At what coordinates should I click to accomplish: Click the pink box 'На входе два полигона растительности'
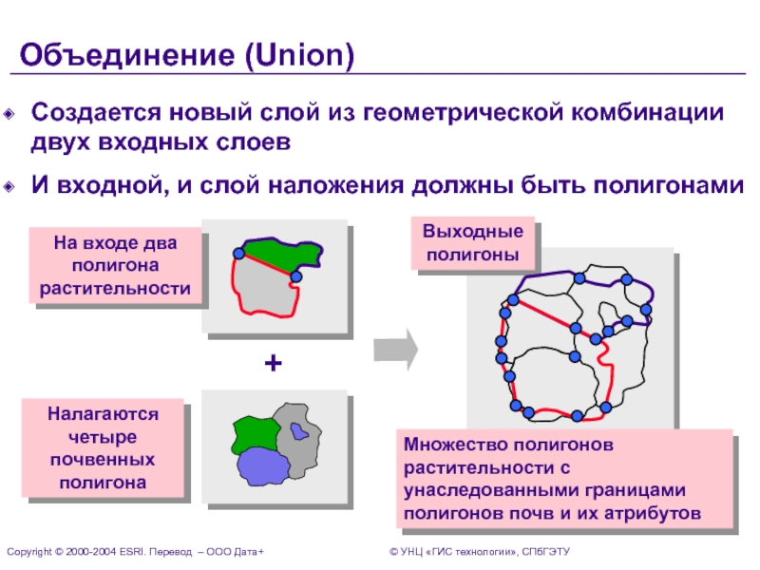click(116, 265)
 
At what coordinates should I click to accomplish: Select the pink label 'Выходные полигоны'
click(472, 243)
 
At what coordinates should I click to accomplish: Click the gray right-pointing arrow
click(395, 348)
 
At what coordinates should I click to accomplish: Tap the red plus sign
click(274, 364)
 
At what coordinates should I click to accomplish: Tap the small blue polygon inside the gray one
click(300, 430)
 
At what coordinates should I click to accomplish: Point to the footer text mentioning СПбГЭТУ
click(479, 552)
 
